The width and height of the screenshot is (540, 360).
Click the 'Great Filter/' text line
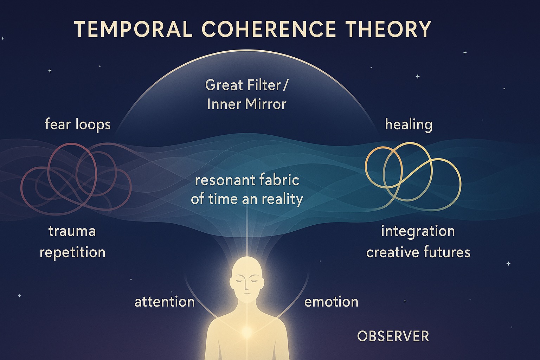pos(246,85)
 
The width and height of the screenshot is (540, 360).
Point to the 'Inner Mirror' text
pos(246,104)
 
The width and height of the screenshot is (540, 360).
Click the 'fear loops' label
pos(78,124)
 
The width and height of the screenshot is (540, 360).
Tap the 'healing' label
pos(409,124)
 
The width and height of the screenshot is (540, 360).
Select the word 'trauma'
pos(72,231)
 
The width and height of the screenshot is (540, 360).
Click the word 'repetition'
pos(72,252)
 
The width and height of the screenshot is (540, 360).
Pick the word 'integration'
pos(418,231)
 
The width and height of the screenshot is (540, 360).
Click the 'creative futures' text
pos(418,252)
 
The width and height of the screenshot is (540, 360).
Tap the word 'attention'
pos(165,302)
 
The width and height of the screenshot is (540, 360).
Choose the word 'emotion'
pos(331,302)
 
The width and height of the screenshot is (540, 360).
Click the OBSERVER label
pos(393,336)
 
